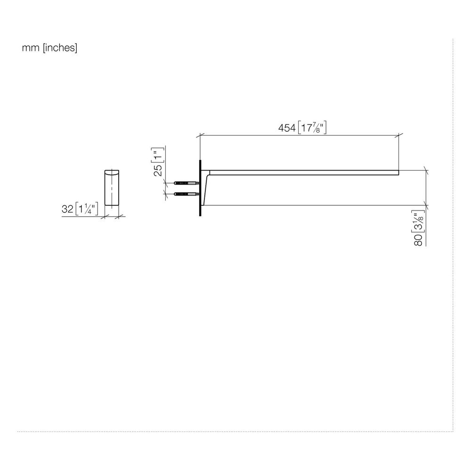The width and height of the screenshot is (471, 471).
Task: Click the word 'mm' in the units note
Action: click(31, 48)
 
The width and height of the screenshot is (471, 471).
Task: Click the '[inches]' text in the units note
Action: click(60, 48)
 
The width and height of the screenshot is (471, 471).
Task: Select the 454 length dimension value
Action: click(287, 128)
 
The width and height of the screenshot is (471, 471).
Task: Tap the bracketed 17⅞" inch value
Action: click(312, 128)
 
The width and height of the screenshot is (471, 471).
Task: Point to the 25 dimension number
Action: click(158, 170)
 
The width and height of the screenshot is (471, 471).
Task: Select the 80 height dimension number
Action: click(418, 240)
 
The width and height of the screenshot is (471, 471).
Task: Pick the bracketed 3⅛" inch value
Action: click(418, 222)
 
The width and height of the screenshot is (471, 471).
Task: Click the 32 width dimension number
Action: click(67, 209)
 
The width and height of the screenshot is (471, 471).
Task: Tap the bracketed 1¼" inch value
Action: click(87, 209)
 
